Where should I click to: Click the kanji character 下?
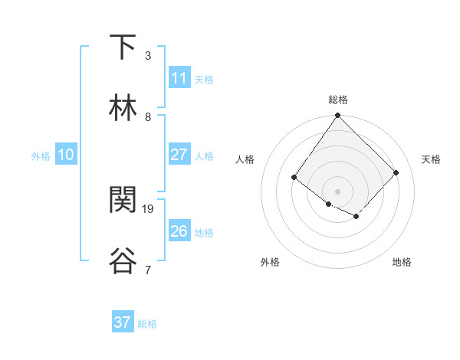(123, 47)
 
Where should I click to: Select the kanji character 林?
(123, 108)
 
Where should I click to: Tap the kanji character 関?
(123, 200)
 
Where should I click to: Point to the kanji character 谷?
(123, 260)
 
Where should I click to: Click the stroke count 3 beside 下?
(148, 56)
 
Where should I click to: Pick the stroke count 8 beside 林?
(148, 117)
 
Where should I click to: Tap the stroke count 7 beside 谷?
(148, 270)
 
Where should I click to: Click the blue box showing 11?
(179, 78)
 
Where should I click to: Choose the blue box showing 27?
(179, 155)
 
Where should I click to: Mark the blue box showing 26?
(179, 231)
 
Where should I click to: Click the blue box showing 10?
(66, 155)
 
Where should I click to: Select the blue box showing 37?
(123, 322)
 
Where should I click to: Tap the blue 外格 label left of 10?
(41, 156)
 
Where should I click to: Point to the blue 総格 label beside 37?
(147, 324)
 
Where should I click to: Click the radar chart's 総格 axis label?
(337, 100)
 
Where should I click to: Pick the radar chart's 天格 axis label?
(431, 159)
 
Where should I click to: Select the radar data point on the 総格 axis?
(337, 116)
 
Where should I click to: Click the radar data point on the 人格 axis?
(294, 177)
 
